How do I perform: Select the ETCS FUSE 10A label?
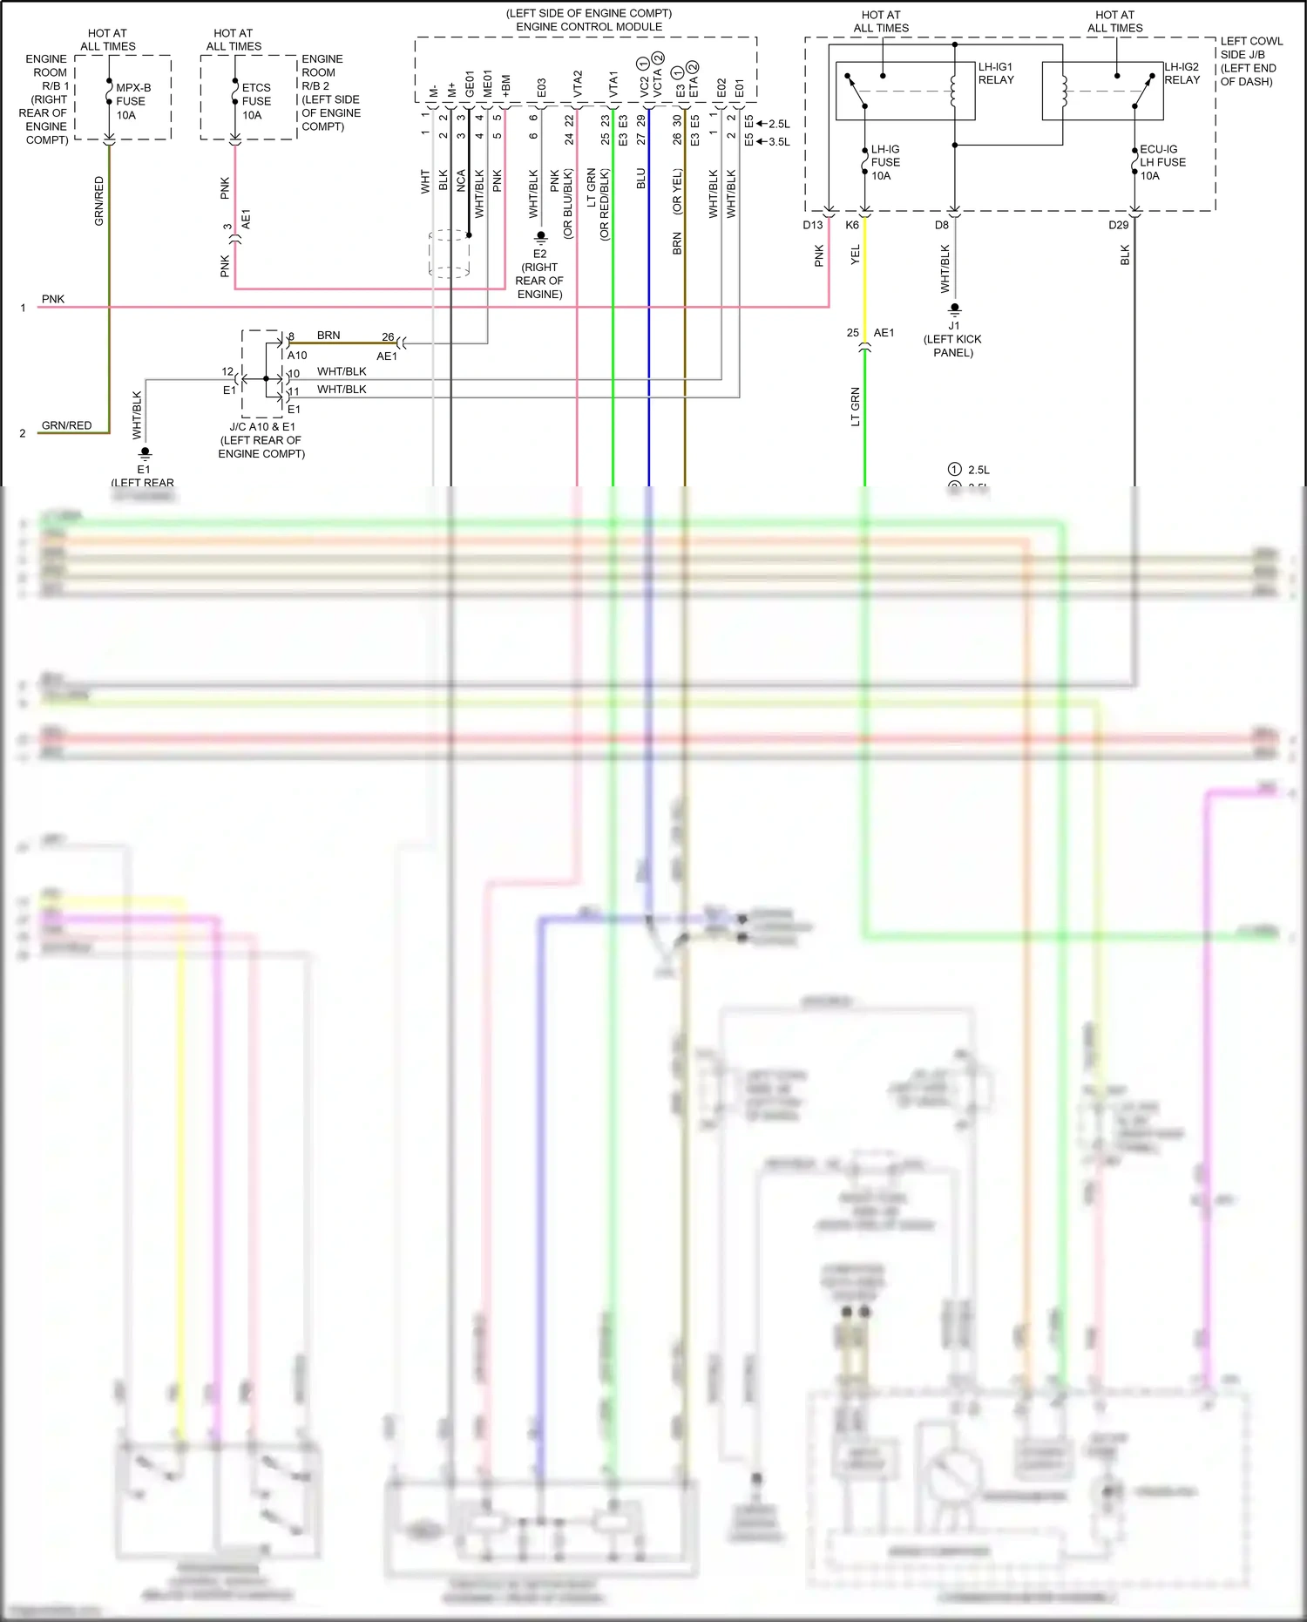[256, 101]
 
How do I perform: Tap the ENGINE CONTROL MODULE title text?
[589, 27]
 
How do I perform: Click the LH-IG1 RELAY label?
[996, 73]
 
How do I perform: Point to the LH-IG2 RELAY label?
[1182, 73]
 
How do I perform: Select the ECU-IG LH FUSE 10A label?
[1162, 162]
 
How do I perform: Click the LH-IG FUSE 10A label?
[885, 162]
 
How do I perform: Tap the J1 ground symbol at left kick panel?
[954, 309]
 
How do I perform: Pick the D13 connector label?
[812, 225]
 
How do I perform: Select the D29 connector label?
[1118, 225]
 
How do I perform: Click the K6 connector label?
[852, 225]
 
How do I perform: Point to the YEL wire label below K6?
[855, 254]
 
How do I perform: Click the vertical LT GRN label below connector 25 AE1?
[855, 406]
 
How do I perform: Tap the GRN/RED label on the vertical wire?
[98, 201]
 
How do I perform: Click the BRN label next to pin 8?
[328, 336]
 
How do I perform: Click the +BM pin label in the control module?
[505, 85]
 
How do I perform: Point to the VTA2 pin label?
[577, 84]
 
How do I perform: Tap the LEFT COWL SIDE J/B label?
[1250, 54]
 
